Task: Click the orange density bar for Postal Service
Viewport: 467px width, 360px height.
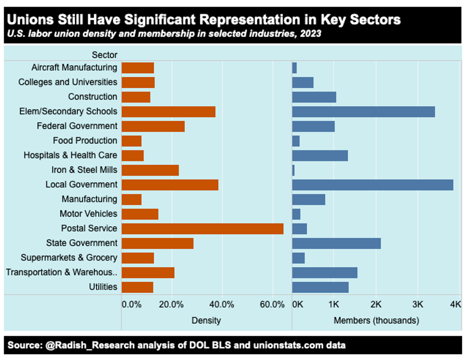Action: (x=203, y=229)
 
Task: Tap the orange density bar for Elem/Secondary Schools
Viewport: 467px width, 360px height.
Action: (x=169, y=112)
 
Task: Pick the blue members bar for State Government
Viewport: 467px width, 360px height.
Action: (x=336, y=243)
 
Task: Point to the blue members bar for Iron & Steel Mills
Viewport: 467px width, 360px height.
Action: (x=294, y=170)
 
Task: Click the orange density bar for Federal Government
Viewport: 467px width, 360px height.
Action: (x=153, y=126)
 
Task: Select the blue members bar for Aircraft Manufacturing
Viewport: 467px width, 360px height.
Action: (x=294, y=68)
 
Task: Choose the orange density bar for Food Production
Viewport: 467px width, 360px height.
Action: (x=132, y=141)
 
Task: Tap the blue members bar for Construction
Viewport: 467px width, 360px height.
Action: (x=314, y=97)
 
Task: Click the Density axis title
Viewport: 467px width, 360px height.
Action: (x=206, y=320)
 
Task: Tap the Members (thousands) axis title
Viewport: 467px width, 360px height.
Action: (x=376, y=320)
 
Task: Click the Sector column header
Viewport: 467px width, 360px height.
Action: (x=104, y=55)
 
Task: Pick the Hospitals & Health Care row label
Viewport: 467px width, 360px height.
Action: (x=71, y=155)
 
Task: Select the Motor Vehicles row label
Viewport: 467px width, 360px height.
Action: (x=88, y=214)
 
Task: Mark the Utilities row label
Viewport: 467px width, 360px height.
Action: (x=103, y=287)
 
